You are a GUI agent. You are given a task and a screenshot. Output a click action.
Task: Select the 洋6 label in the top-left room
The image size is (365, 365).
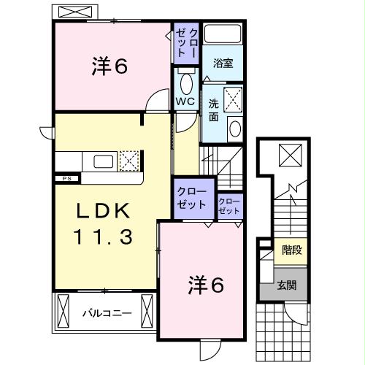[x=110, y=66]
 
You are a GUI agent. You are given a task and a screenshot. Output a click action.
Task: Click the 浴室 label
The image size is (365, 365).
[x=223, y=64]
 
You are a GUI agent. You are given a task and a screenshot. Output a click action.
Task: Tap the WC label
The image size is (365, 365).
[x=185, y=101]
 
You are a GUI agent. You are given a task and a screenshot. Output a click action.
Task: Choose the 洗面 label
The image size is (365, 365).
[x=214, y=109]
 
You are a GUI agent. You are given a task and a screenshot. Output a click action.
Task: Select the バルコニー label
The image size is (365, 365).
[x=106, y=314]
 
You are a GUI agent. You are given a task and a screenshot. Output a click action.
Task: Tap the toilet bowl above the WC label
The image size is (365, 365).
[x=185, y=81]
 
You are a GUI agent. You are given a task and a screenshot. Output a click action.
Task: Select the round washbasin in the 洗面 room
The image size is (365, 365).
[x=235, y=129]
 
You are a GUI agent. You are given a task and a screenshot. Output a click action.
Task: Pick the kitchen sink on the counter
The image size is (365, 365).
[x=103, y=161]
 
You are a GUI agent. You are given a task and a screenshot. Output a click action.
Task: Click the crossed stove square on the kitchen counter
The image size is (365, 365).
[x=129, y=161]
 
